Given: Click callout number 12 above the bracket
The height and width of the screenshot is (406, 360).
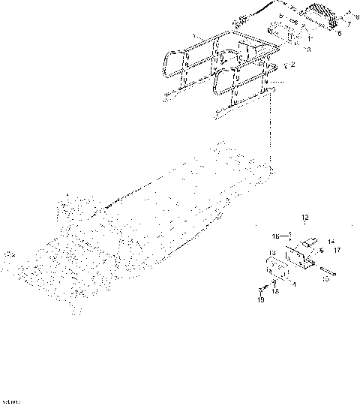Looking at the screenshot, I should pyautogui.click(x=305, y=218).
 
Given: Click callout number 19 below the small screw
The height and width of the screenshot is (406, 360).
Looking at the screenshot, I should pyautogui.click(x=261, y=300).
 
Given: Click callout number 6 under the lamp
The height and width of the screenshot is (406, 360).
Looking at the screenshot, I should pyautogui.click(x=339, y=34).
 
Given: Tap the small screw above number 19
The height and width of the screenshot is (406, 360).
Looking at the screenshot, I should pyautogui.click(x=262, y=290).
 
